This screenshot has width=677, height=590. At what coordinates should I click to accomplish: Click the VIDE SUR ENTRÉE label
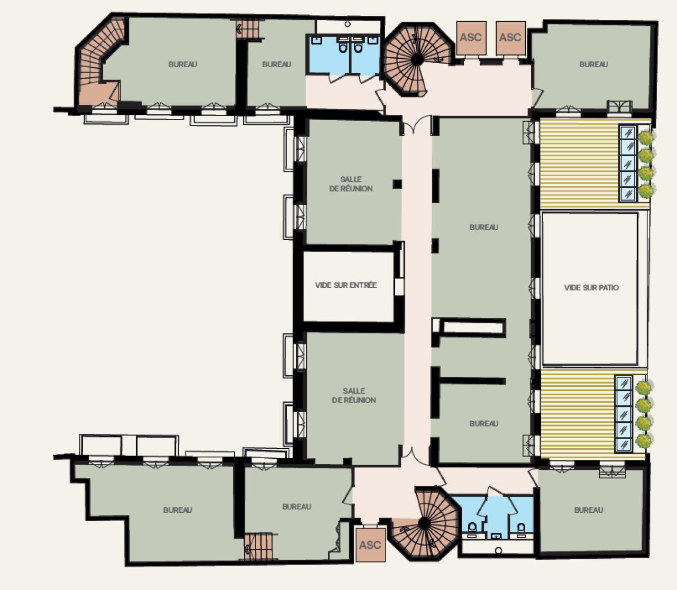pyautogui.click(x=346, y=285)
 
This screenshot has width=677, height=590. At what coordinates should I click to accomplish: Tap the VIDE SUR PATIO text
pyautogui.click(x=591, y=288)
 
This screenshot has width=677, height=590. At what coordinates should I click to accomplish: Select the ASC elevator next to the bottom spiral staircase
pyautogui.click(x=370, y=544)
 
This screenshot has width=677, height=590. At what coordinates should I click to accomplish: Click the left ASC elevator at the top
pyautogui.click(x=470, y=38)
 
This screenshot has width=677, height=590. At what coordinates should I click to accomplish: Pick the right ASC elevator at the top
pyautogui.click(x=510, y=38)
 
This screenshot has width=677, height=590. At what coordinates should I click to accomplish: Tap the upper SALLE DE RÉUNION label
pyautogui.click(x=351, y=184)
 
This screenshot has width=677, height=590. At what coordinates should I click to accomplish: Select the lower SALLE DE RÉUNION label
pyautogui.click(x=354, y=395)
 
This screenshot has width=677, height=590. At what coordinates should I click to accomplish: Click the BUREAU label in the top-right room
pyautogui.click(x=593, y=65)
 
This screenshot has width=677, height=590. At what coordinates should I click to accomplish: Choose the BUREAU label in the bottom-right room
pyautogui.click(x=589, y=510)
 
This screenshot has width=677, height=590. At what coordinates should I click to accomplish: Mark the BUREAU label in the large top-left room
pyautogui.click(x=182, y=65)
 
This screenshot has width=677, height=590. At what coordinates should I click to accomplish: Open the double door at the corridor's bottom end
pyautogui.click(x=417, y=453)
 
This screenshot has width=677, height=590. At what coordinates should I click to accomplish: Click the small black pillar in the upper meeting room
pyautogui.click(x=397, y=184)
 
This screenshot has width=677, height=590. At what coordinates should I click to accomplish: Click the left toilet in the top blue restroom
pyautogui.click(x=343, y=48)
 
